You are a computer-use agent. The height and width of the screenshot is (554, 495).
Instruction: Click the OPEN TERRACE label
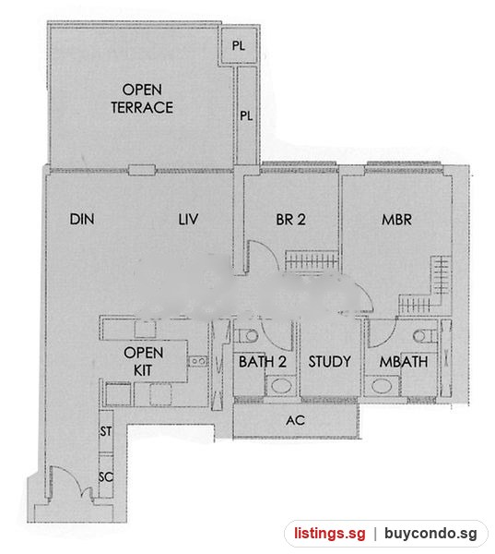[x=142, y=99]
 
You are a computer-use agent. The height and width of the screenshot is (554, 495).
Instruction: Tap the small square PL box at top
[x=239, y=45]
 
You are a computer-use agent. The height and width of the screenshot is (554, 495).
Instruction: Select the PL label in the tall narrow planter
[x=246, y=115]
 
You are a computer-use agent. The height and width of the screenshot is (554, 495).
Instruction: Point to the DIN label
[x=82, y=219]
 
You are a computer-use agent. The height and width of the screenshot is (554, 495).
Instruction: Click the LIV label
[x=188, y=219]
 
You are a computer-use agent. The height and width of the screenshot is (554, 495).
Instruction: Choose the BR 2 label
[x=290, y=220]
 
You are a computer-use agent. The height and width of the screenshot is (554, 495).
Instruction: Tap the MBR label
[x=396, y=220]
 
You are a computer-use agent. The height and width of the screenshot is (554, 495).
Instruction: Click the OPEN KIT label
[x=143, y=361]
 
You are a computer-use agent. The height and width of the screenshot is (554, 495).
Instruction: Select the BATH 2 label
[x=263, y=361]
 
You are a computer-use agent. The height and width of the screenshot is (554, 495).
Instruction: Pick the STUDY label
[x=329, y=361]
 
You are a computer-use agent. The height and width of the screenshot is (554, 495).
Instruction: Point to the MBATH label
[x=404, y=361]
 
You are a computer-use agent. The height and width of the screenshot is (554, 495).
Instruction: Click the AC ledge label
[x=296, y=420]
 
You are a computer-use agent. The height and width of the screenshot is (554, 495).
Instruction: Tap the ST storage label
[x=106, y=431]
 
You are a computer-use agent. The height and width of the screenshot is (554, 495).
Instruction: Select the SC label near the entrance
[x=106, y=477]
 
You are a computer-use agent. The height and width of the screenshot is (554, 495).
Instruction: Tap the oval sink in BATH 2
[x=281, y=385]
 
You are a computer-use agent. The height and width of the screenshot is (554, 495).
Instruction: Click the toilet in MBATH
[x=424, y=336]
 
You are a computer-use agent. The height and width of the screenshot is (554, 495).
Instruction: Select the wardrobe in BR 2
[x=312, y=260]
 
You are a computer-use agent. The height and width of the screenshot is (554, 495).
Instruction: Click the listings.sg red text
[x=329, y=534]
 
